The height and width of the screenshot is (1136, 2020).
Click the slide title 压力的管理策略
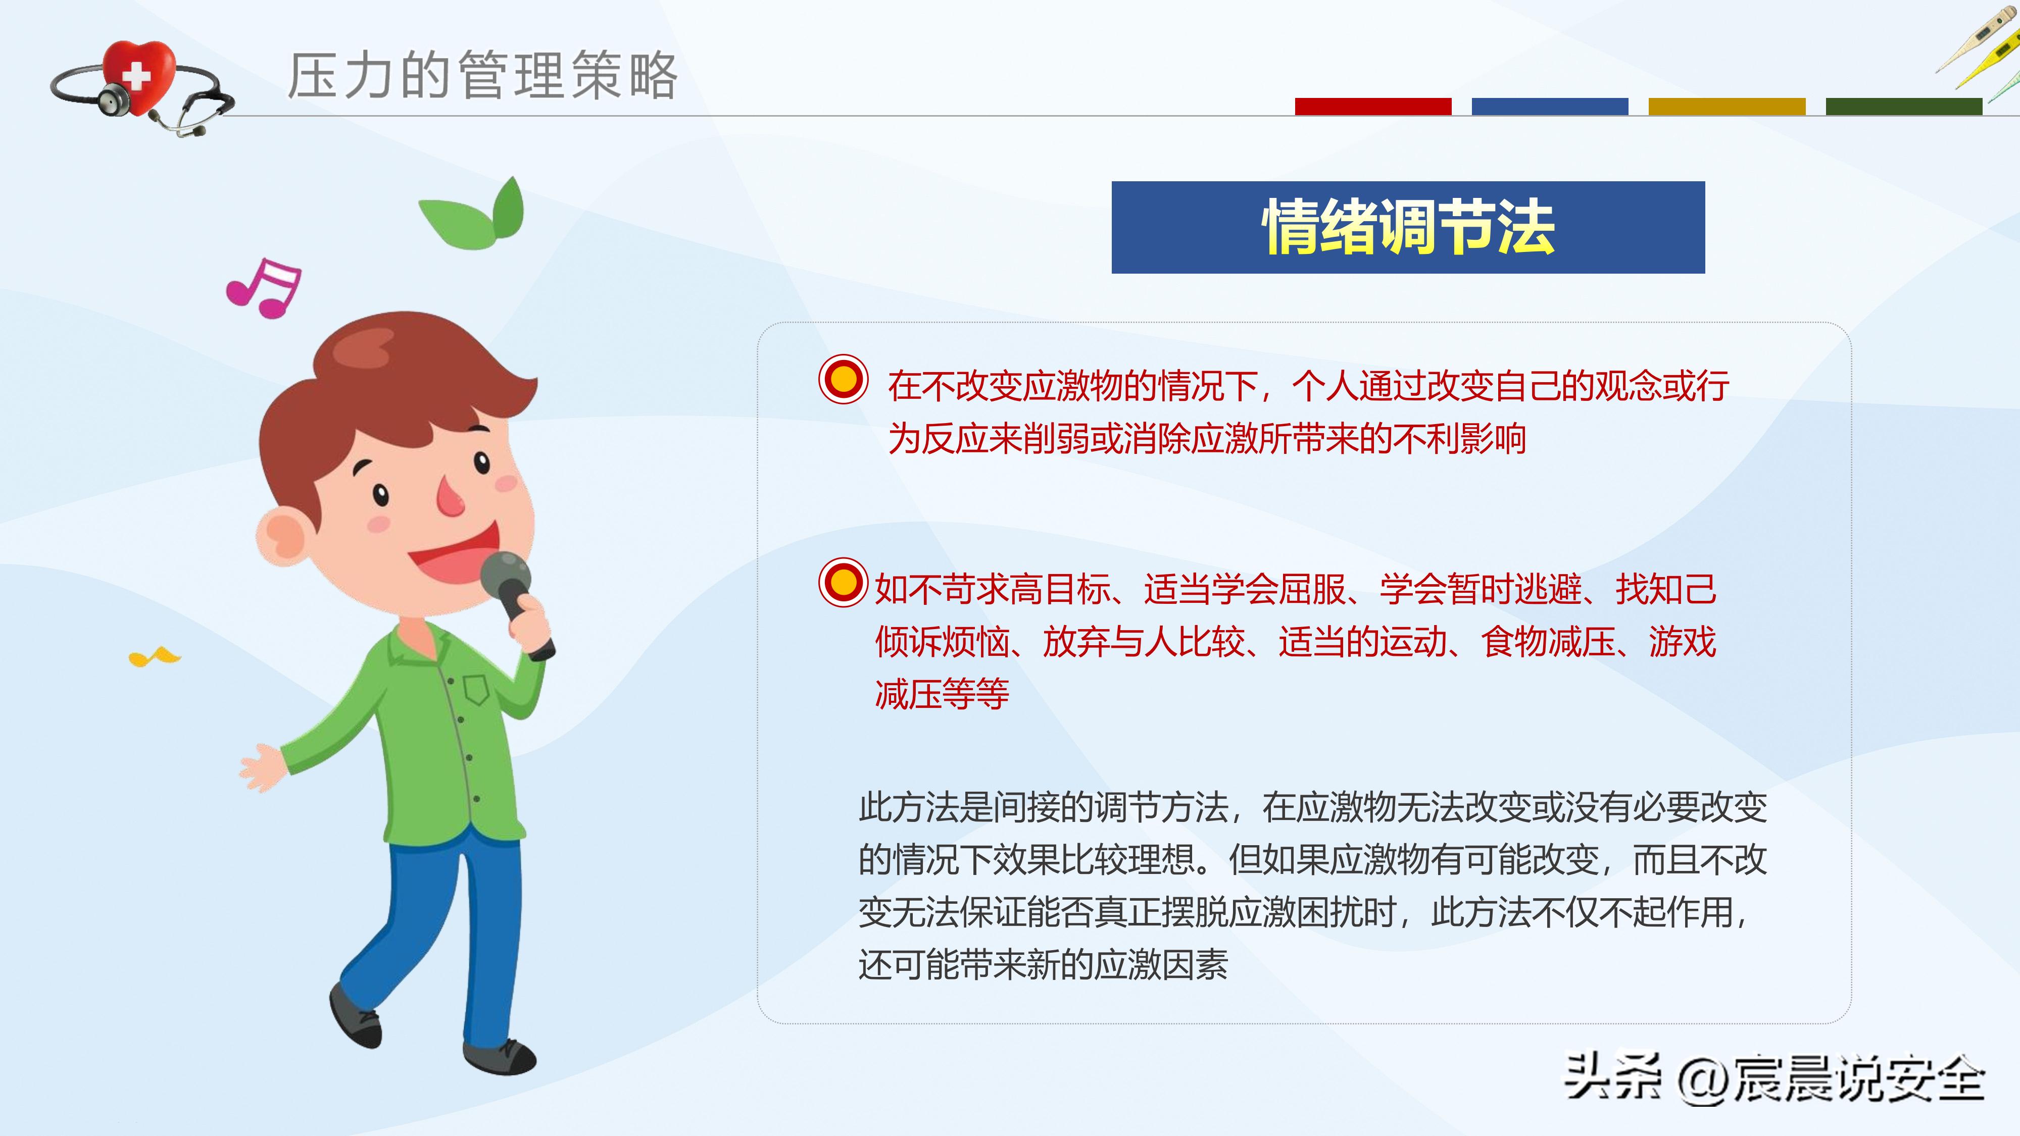click(482, 76)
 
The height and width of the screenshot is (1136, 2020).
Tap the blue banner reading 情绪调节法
click(1408, 227)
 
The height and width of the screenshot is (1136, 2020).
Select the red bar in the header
click(1372, 107)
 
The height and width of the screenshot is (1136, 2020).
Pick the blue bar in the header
click(1550, 107)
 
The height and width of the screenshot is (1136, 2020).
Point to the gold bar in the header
click(1727, 107)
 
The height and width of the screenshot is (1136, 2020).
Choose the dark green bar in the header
click(1903, 107)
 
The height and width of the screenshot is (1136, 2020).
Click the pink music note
click(264, 288)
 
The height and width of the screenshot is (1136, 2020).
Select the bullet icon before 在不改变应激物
click(843, 380)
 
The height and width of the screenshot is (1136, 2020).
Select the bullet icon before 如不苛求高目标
click(843, 583)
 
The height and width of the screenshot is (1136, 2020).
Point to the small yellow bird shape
click(154, 656)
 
